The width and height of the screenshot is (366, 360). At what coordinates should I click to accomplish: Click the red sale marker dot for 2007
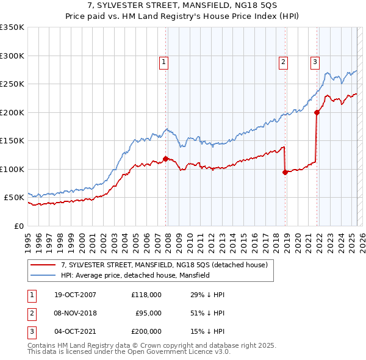(x=165, y=159)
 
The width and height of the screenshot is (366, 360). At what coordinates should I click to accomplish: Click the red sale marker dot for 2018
(x=285, y=172)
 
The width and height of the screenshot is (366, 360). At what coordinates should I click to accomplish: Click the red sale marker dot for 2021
(x=317, y=112)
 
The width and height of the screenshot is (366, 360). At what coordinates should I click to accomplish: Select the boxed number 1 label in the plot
(x=165, y=61)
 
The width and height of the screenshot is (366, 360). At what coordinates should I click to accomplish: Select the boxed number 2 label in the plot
(x=284, y=61)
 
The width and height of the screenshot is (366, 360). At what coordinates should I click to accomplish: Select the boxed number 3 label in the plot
(x=315, y=61)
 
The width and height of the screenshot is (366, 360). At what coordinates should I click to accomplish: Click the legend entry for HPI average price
(x=135, y=275)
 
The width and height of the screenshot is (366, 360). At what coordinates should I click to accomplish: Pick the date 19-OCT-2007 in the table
(x=73, y=295)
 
